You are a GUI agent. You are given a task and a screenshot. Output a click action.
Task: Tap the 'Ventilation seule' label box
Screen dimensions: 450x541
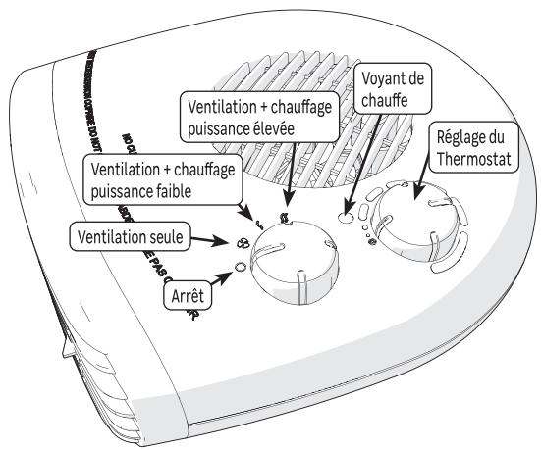(x=131, y=235)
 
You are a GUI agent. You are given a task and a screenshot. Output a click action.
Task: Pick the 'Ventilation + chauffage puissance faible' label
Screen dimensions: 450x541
(x=161, y=181)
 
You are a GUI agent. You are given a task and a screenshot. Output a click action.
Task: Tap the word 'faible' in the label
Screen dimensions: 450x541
(x=189, y=192)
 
